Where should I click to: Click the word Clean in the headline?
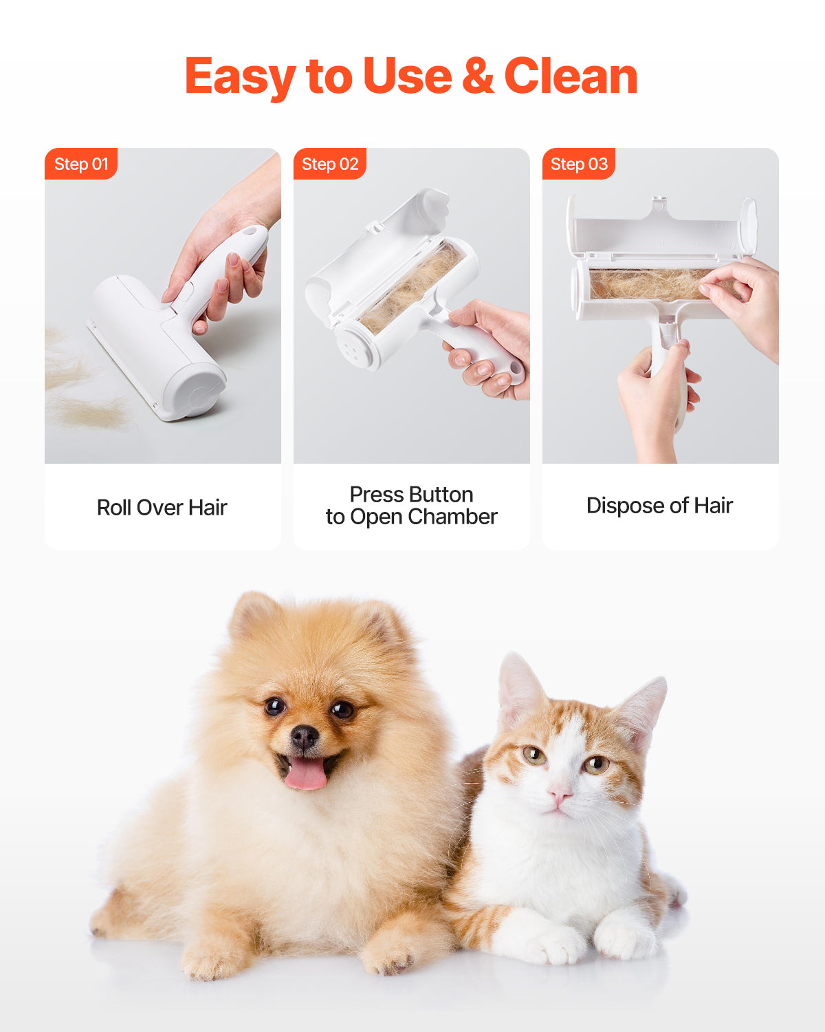[571, 76]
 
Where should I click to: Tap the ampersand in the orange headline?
[478, 76]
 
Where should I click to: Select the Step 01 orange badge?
[81, 164]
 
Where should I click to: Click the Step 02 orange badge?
[330, 164]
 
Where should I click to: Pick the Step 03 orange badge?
[579, 164]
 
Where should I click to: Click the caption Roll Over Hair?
[162, 508]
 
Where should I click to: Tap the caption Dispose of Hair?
[659, 506]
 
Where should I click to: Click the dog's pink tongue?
[306, 773]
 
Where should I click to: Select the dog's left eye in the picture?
[275, 706]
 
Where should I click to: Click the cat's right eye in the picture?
[596, 763]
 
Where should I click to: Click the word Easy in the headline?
[241, 77]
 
